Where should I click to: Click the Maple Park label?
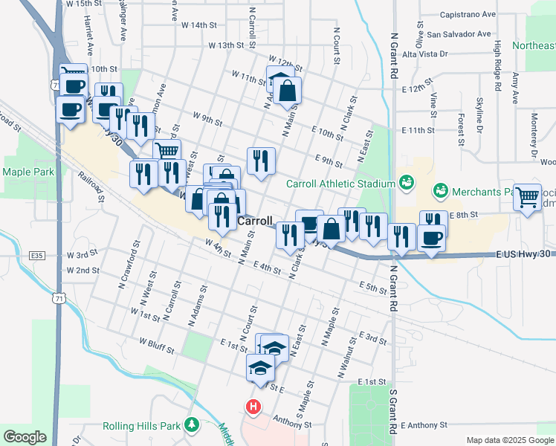coord(29,172)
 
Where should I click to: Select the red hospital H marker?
coord(253,407)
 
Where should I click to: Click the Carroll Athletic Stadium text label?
coord(340,184)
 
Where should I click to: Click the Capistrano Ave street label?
coord(468,14)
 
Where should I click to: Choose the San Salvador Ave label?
coord(458,33)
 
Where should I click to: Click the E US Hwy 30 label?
coord(524,254)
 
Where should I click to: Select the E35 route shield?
coord(38,256)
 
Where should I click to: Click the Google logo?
coord(25,437)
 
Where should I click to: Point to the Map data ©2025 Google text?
coord(509,440)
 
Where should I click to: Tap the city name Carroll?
coord(256,222)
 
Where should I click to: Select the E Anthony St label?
coord(423,425)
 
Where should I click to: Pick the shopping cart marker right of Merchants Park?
coord(527,197)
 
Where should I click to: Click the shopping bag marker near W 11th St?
coord(288,91)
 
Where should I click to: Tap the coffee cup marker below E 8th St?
coord(432,238)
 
